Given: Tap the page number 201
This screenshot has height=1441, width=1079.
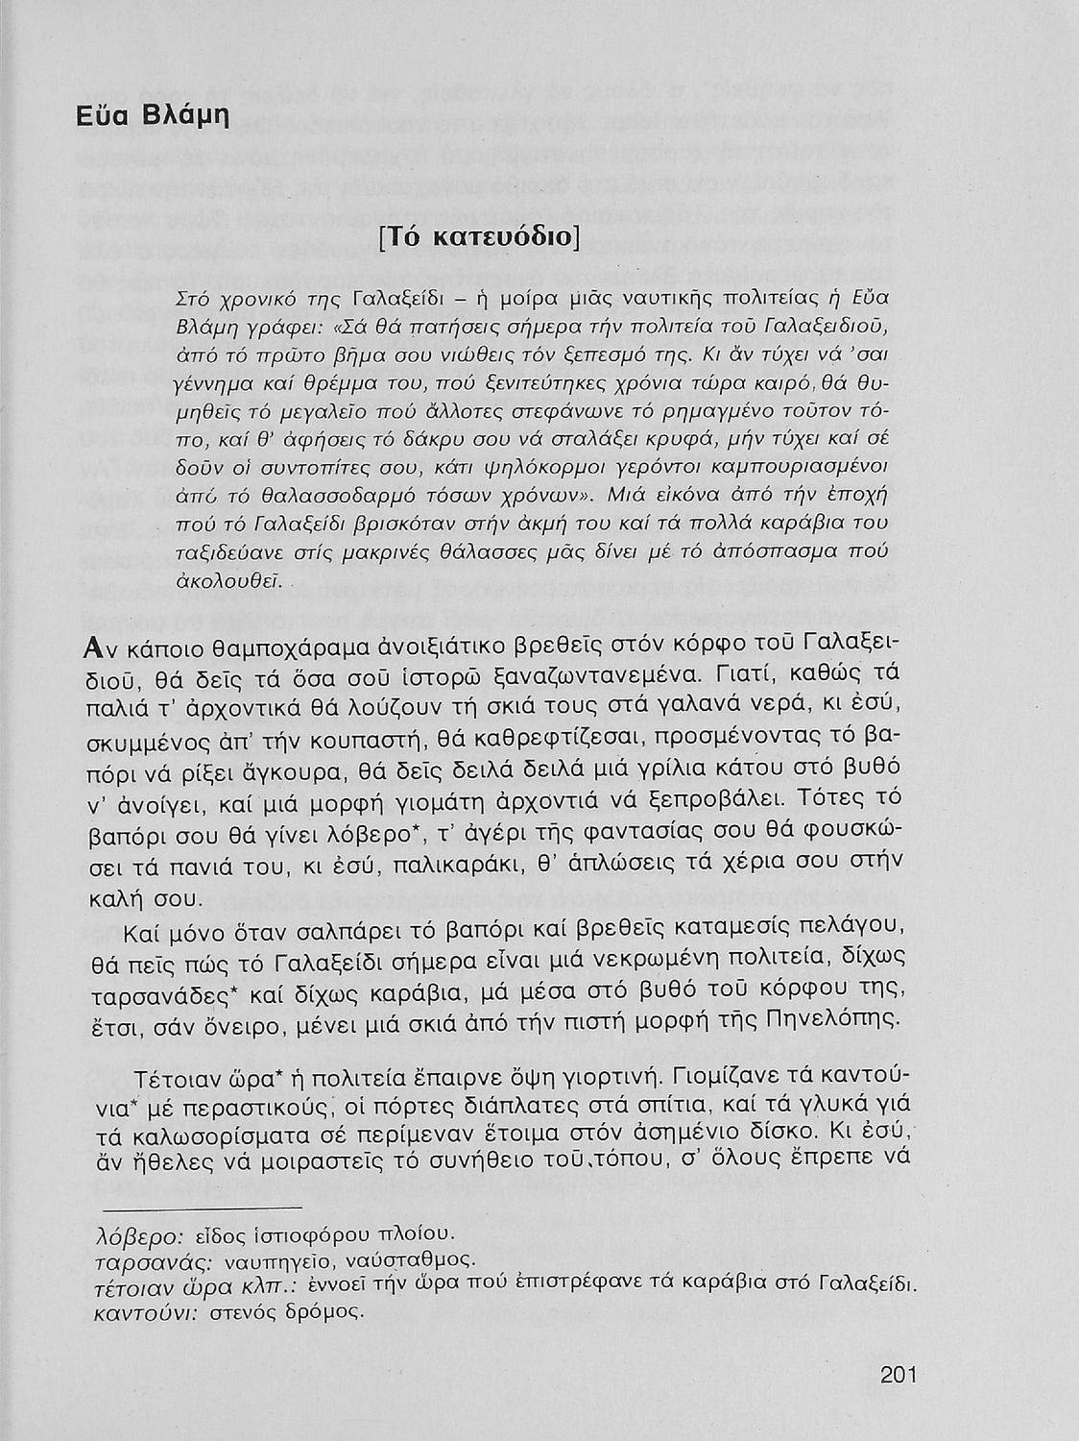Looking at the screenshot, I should click(899, 1375).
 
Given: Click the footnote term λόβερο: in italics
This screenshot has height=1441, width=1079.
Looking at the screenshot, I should click(140, 1233).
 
